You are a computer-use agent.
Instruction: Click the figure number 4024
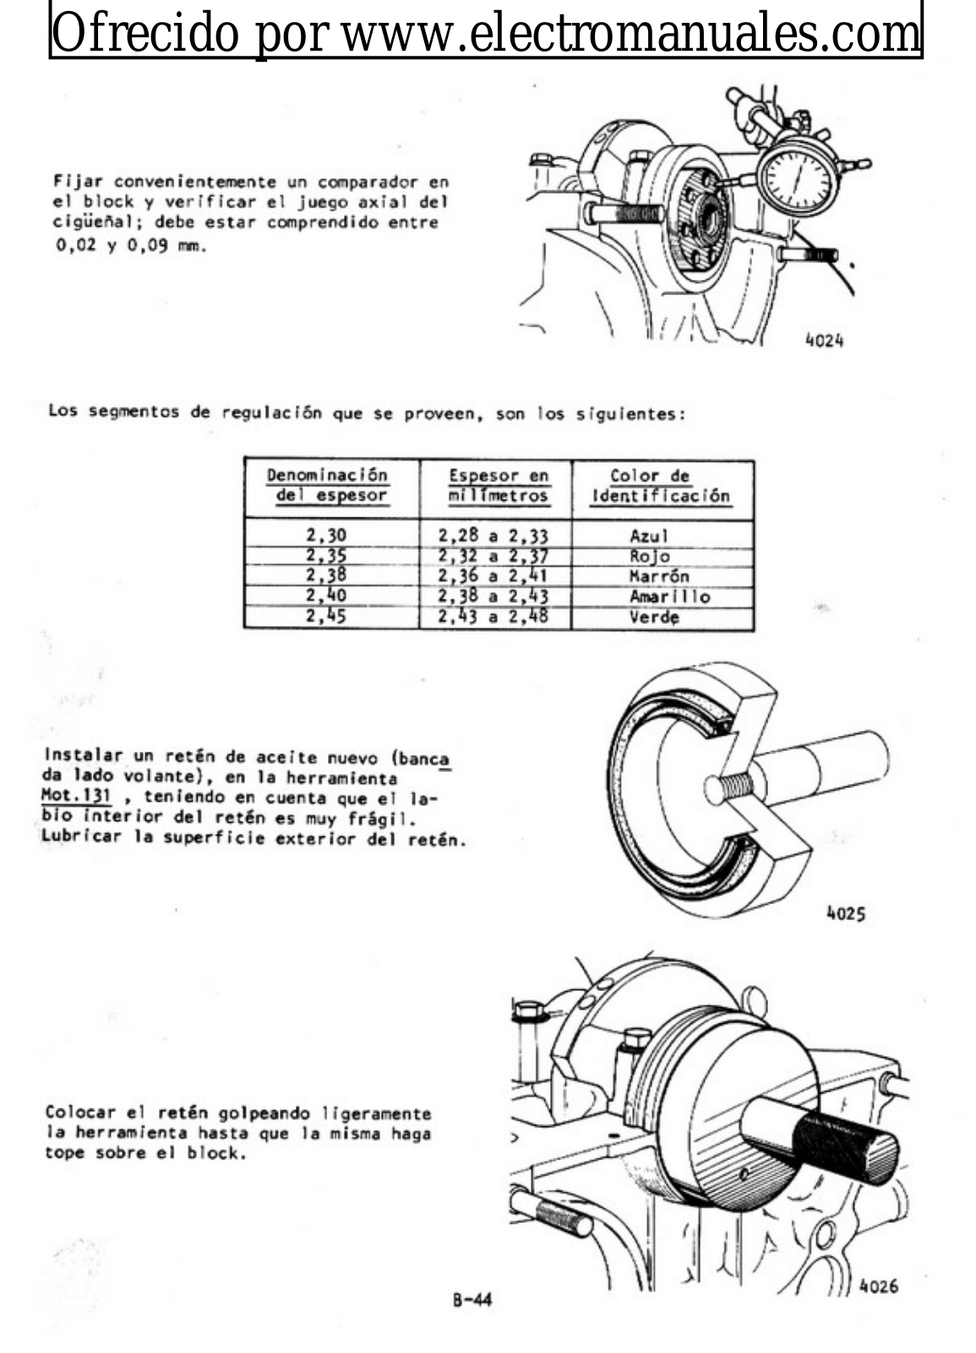tap(824, 341)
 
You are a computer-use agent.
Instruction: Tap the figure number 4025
tap(845, 913)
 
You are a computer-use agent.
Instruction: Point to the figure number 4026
tap(878, 1286)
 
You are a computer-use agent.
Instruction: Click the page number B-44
tap(472, 1300)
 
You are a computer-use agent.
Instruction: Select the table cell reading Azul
tap(648, 535)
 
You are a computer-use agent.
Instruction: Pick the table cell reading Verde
tap(654, 616)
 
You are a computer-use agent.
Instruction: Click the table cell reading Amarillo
tap(669, 596)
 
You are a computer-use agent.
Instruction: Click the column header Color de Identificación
tap(660, 486)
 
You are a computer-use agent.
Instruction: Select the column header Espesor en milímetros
tap(498, 486)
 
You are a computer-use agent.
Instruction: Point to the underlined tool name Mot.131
tap(77, 796)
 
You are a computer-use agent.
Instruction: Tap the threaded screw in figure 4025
tap(731, 788)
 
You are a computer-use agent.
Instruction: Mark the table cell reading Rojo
tap(649, 556)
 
